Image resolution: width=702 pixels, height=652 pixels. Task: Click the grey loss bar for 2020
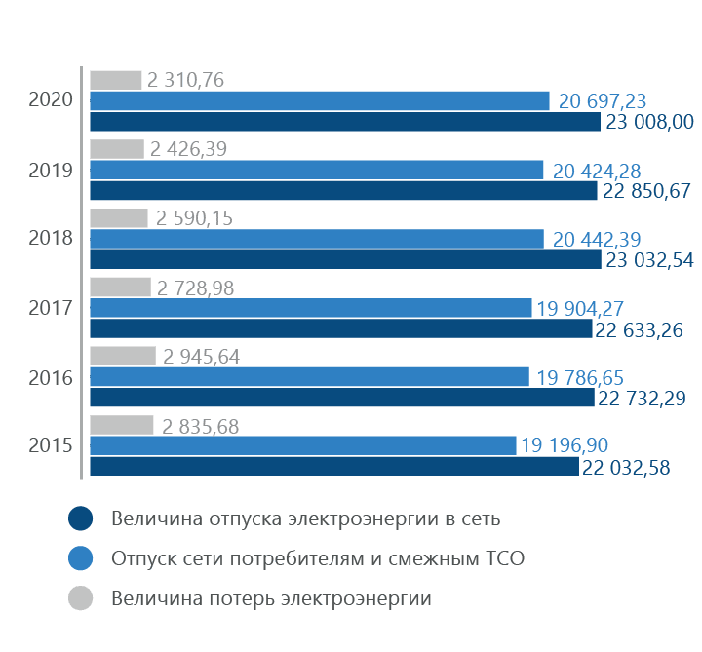pos(116,80)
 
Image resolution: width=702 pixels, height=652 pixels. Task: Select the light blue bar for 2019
pos(317,170)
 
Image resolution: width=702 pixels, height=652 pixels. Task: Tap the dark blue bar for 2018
pos(345,260)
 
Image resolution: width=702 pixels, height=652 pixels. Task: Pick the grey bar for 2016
pos(122,357)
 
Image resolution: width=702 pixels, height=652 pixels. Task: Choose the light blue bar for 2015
pos(303,445)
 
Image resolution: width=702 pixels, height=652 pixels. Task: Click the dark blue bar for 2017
pos(341,329)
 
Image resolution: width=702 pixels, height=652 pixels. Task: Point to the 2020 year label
pos(51,99)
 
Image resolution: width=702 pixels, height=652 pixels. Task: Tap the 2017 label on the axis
pos(51,308)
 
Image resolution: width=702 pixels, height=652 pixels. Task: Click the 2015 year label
pos(51,445)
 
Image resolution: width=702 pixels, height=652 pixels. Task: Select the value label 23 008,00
pos(648,122)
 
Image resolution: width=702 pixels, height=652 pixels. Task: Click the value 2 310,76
pos(186,80)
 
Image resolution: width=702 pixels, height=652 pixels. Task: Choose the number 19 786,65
pos(581,376)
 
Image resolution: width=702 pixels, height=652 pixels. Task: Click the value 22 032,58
pos(626,468)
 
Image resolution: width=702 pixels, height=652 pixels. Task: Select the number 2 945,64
pos(200,357)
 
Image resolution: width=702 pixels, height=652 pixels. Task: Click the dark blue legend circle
pos(81,518)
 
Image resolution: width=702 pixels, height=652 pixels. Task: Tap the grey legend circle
pos(81,597)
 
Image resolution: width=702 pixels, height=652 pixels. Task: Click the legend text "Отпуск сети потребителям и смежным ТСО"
pos(318,558)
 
